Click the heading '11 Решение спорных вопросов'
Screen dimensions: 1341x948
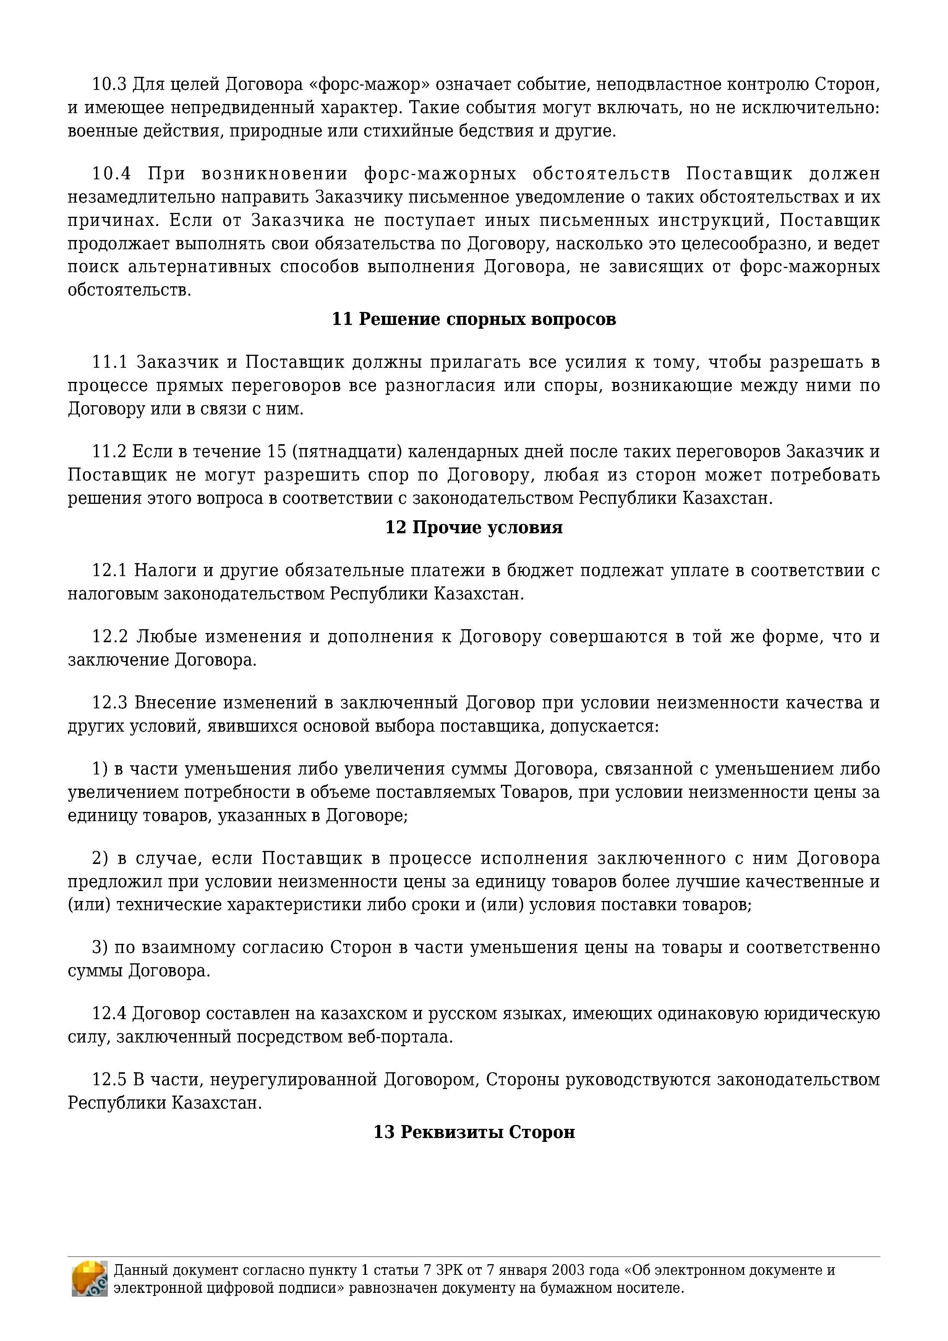click(x=474, y=320)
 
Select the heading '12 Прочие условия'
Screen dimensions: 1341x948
click(x=474, y=528)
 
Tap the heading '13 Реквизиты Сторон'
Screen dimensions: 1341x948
click(x=474, y=1132)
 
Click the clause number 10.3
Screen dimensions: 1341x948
click(x=109, y=85)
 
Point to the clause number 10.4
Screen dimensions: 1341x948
click(x=111, y=174)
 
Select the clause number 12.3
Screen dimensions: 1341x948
click(x=109, y=703)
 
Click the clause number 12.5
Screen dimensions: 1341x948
click(x=109, y=1080)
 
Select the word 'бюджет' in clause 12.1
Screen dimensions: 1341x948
click(x=540, y=571)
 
